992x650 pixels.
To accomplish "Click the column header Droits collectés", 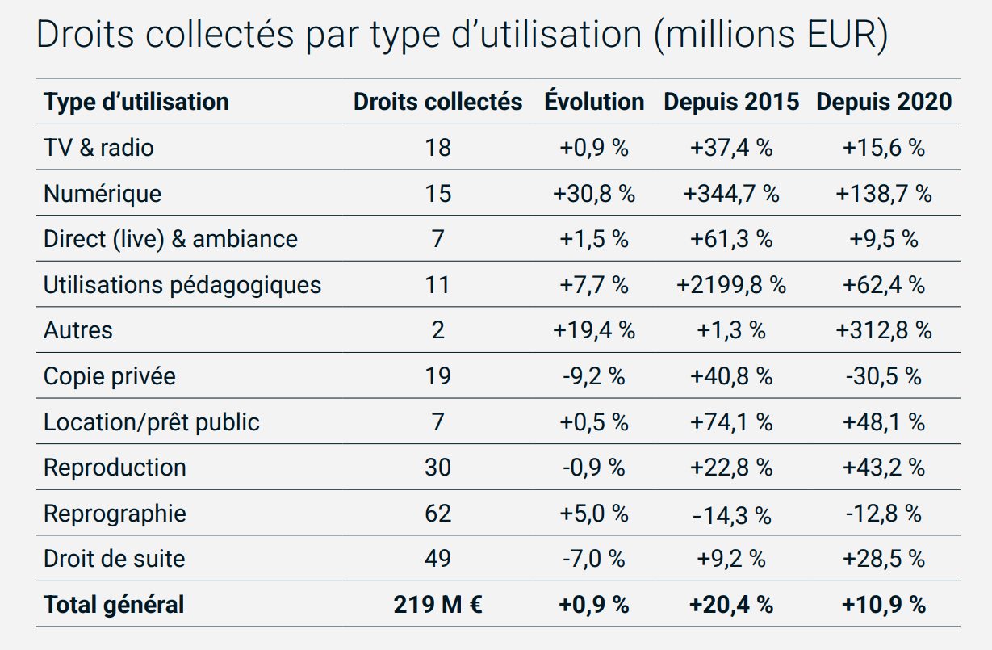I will [437, 102].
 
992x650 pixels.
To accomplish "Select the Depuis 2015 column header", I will [731, 102].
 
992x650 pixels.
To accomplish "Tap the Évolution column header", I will [594, 102].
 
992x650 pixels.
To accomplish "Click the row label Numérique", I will [103, 194].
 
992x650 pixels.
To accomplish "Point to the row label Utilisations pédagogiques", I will [182, 285].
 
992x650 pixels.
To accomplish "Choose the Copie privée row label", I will [110, 376].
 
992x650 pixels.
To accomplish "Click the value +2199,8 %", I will [731, 285].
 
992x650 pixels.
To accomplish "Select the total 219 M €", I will [437, 605].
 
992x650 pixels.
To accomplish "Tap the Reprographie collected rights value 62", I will [437, 514].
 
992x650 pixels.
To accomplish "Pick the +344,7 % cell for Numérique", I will [731, 194].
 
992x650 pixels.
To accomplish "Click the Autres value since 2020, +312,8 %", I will [884, 330].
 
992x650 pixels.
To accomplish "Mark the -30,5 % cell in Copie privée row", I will [884, 376].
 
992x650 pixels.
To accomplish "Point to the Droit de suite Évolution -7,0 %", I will [594, 559].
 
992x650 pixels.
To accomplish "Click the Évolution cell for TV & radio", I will [594, 148].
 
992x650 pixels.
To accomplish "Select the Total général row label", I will [114, 605].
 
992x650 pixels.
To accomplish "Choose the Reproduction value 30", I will [437, 468].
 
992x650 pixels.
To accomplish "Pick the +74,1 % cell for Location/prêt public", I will [731, 422].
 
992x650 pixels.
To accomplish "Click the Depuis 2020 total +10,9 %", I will [884, 605].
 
